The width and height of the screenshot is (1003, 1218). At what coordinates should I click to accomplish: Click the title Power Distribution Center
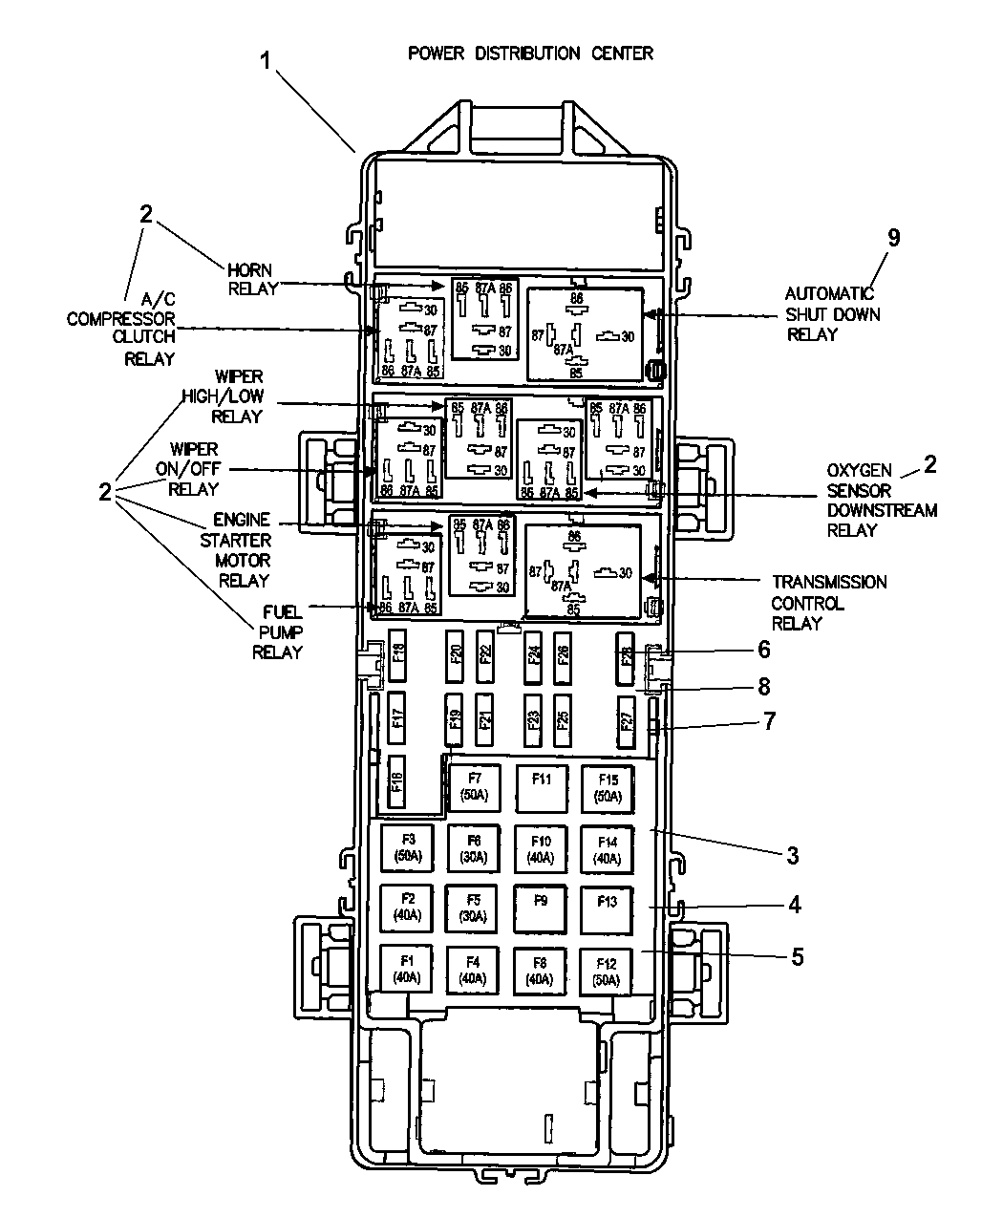[x=530, y=53]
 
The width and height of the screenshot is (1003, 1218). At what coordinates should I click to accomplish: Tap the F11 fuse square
[x=541, y=788]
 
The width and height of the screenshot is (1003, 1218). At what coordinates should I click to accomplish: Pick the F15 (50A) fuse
[x=608, y=788]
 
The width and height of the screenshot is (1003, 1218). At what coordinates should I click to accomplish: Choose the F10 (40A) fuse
[x=541, y=848]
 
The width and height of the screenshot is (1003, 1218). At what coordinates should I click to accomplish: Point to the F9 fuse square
[x=541, y=908]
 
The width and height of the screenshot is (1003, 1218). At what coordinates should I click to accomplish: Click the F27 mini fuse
[x=627, y=721]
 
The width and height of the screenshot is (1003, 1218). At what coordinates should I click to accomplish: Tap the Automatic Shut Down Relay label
[x=832, y=314]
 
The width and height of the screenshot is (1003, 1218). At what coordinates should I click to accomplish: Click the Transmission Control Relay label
[x=828, y=603]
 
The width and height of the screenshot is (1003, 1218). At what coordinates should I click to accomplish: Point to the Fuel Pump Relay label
[x=277, y=631]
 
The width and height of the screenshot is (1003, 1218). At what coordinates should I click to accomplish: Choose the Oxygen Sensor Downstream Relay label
[x=881, y=500]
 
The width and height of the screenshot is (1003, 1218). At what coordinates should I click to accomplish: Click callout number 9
[x=893, y=238]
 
